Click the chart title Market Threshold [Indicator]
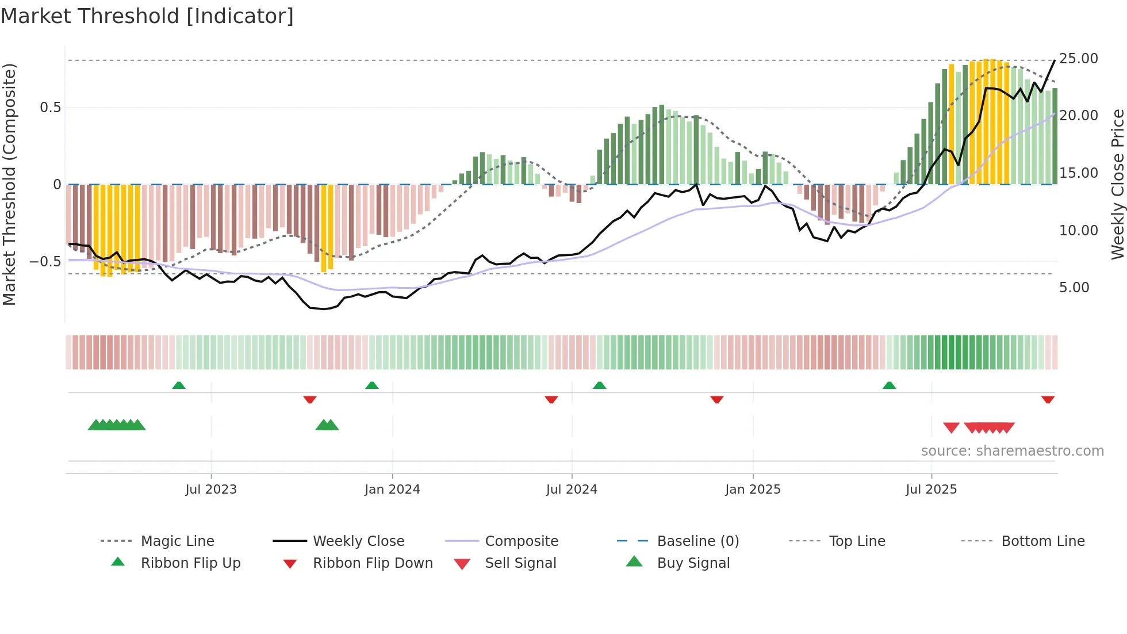(147, 16)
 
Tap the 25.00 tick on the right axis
(1078, 59)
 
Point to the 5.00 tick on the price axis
(1074, 288)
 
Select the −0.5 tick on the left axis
(45, 262)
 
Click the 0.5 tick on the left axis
(50, 108)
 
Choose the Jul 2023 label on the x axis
(211, 490)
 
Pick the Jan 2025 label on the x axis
(753, 490)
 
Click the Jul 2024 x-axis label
(572, 490)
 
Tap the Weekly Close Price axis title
(1117, 184)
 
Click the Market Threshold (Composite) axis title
(9, 184)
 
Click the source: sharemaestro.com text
(1012, 451)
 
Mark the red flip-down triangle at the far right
(1048, 399)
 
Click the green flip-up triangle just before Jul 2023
(179, 385)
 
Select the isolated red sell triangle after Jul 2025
(951, 427)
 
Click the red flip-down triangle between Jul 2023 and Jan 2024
(310, 399)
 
